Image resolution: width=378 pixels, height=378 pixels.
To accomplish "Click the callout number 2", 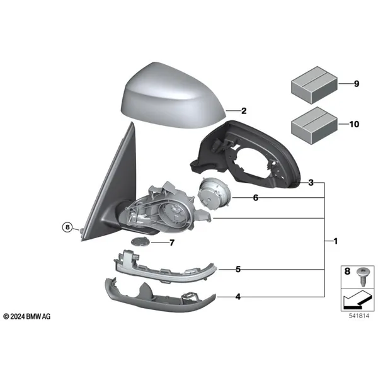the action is click(244, 111).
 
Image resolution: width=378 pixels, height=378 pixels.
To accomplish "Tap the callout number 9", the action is click(357, 84).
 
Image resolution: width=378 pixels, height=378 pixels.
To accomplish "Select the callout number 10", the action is click(354, 124).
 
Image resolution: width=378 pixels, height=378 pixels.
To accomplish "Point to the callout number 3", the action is click(311, 183).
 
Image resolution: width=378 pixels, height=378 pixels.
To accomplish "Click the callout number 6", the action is click(256, 198).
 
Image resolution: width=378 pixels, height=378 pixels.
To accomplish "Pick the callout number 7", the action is click(171, 243).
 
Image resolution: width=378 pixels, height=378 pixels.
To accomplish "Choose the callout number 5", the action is click(238, 269).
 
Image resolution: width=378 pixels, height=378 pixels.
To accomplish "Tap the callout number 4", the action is click(238, 297).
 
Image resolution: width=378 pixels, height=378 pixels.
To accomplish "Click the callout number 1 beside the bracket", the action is click(335, 241).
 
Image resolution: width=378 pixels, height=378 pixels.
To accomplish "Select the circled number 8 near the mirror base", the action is click(67, 227).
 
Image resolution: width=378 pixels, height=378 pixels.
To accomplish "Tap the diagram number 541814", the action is click(359, 316).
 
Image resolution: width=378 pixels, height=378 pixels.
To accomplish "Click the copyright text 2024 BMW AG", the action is click(27, 316).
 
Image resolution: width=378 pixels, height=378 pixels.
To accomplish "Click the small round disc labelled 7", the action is click(140, 241).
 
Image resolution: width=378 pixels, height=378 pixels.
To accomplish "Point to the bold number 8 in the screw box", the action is click(347, 271).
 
